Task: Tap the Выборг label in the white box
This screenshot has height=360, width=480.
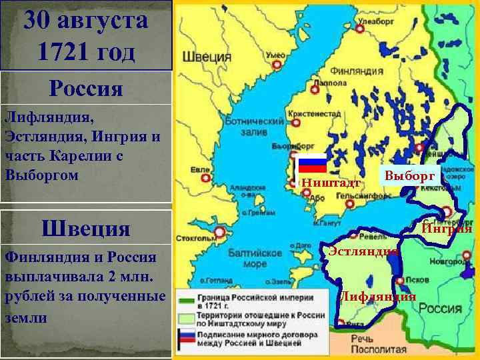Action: pos(409,176)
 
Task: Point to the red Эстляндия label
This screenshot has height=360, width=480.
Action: pos(363,251)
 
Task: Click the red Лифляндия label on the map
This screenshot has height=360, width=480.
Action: pos(378,297)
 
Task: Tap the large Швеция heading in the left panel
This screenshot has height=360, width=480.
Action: pos(85,229)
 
